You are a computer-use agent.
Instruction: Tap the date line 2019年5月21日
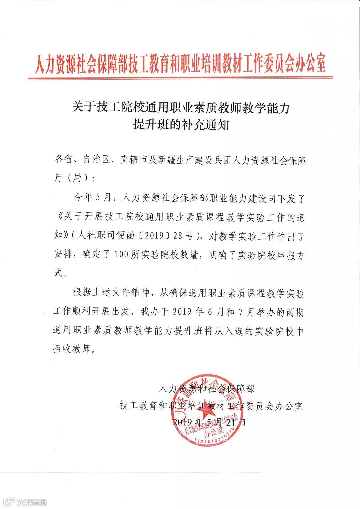pyautogui.click(x=209, y=422)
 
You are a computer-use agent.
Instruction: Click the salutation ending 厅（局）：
pyautogui.click(x=74, y=179)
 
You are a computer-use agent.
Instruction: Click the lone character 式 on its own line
pyautogui.click(x=58, y=273)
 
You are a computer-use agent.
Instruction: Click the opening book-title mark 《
pyautogui.click(x=58, y=217)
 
